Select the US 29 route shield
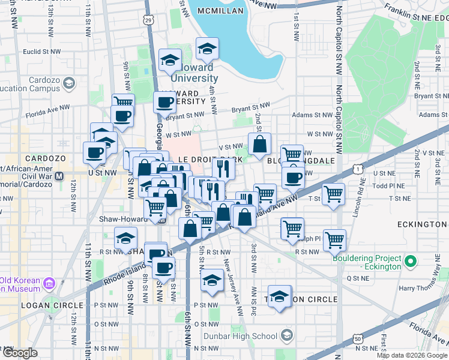[148, 20]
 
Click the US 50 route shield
[358, 339]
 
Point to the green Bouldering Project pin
[411, 262]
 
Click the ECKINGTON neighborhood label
[423, 224]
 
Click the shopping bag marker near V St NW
[259, 145]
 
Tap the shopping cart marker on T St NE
[333, 194]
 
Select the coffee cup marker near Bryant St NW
[164, 102]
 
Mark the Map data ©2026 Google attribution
[411, 355]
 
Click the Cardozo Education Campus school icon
[69, 83]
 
